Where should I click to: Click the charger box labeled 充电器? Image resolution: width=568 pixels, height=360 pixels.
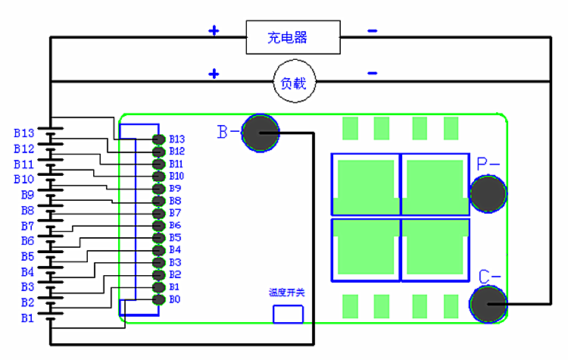click(x=292, y=37)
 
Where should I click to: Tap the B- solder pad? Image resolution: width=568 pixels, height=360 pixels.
click(x=261, y=133)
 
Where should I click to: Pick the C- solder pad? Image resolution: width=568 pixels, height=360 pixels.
click(x=488, y=304)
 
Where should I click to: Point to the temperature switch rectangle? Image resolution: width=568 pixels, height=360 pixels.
click(x=288, y=314)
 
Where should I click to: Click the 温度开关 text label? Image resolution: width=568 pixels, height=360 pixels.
click(x=286, y=292)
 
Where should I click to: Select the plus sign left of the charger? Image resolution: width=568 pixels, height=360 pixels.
click(x=214, y=31)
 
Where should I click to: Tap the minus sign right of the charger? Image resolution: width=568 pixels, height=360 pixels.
click(x=372, y=31)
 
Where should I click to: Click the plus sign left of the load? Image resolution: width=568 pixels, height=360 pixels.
click(x=214, y=74)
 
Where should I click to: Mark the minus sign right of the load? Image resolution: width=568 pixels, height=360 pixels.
click(x=372, y=74)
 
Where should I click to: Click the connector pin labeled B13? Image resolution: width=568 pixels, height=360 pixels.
click(x=158, y=139)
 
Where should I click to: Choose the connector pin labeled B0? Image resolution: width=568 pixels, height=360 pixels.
click(x=158, y=300)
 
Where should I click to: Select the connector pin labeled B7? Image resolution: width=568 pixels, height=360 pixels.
click(x=158, y=214)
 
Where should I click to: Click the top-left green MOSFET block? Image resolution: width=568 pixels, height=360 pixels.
click(x=364, y=186)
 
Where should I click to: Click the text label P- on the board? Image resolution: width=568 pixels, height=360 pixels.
click(x=488, y=164)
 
